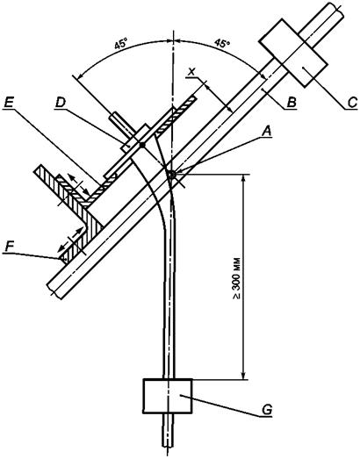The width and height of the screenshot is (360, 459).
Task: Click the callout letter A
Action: point(267,132)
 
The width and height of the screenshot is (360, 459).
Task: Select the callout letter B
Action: point(292,103)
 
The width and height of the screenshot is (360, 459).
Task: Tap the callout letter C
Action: point(353,103)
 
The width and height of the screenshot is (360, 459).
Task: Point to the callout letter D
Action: point(61,103)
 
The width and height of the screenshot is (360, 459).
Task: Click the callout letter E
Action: point(9,103)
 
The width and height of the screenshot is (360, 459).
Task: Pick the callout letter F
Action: point(10,247)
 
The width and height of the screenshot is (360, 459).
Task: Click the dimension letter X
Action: point(191,72)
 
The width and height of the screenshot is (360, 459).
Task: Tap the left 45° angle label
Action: point(121,45)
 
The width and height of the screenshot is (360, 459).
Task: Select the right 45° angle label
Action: point(222,43)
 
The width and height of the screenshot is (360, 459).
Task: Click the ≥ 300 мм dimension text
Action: point(237,278)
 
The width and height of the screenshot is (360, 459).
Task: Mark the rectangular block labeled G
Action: point(168,396)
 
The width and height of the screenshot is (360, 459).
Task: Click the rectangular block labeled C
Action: point(293,53)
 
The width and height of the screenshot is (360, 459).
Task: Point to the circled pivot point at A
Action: point(171,175)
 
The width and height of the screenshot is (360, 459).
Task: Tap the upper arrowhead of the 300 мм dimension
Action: point(243,178)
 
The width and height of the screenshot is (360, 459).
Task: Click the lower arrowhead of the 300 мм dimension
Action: point(243,376)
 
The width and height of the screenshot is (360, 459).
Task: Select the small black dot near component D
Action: point(142,145)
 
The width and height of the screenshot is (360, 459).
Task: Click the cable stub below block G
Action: point(168,430)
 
